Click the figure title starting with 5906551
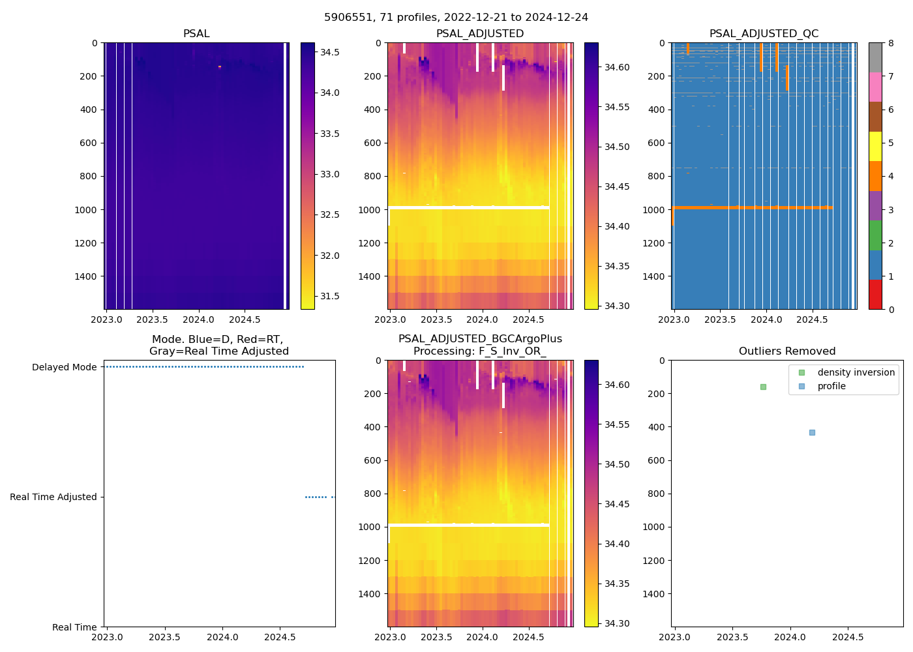coord(456,18)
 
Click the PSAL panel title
coord(196,34)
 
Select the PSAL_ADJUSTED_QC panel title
coord(764,34)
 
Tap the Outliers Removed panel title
coord(786,351)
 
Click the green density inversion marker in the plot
coord(763,387)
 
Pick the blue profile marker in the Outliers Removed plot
coord(812,432)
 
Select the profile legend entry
coord(831,386)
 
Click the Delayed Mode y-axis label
coord(64,367)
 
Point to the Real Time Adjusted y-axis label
coord(53,497)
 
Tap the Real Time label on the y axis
coord(74,627)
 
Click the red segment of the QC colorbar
coord(875,294)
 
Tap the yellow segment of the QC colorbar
coord(875,146)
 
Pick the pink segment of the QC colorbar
coord(875,87)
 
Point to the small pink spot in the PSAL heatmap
coord(220,67)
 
